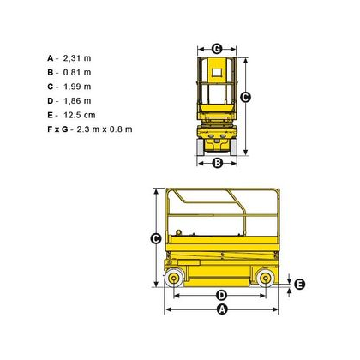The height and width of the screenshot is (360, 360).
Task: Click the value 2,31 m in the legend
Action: pos(77,58)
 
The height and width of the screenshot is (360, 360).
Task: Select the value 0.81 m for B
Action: pos(77,73)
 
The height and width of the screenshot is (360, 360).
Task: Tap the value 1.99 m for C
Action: pos(77,87)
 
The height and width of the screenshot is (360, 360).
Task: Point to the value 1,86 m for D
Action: pos(77,101)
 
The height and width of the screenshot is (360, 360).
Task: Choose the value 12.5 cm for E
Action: pos(79,115)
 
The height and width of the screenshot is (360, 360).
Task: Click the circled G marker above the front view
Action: pos(217,49)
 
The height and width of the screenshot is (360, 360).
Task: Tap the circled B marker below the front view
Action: pos(218,163)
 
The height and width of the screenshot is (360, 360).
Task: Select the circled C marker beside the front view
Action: pos(245,98)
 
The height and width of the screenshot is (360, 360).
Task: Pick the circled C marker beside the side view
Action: pos(156,238)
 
